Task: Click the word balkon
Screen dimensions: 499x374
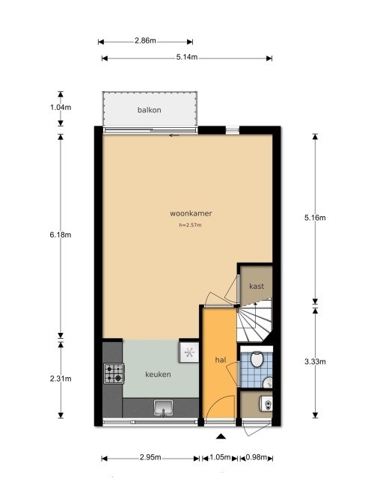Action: [150, 111]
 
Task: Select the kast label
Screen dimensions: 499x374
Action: [257, 286]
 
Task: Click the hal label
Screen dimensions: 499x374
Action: [221, 360]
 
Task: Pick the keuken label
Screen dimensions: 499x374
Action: [159, 374]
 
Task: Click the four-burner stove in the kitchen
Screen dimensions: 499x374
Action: [114, 372]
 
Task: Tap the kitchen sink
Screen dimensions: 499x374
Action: [164, 408]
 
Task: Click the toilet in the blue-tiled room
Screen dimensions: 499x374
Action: [257, 361]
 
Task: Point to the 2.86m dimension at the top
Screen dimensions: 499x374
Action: [147, 41]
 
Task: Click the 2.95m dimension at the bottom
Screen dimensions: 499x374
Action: [151, 458]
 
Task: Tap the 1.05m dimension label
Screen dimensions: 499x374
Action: [220, 458]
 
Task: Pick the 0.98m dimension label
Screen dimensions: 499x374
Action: [257, 458]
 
